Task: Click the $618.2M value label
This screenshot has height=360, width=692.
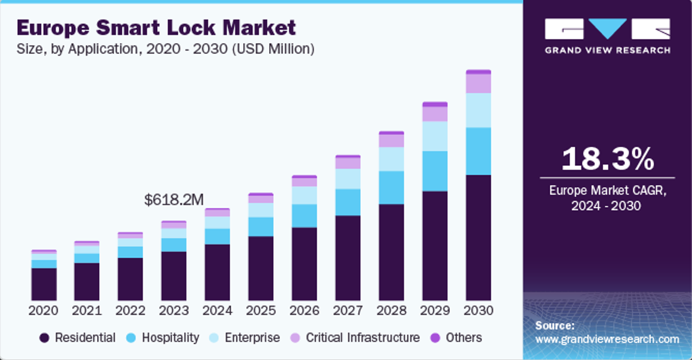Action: pos(174,200)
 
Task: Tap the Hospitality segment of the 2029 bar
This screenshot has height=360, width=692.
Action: pos(435,171)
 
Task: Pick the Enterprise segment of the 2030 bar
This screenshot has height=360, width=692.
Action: pos(479,110)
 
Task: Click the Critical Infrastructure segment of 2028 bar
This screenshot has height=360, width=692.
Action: pos(391,141)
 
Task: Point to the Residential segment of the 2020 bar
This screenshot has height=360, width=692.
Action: pos(44,284)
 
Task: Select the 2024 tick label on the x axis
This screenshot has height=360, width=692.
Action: pos(217,311)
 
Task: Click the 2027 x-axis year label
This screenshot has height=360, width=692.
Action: pos(348,311)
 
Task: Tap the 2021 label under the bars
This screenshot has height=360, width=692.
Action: pos(87,311)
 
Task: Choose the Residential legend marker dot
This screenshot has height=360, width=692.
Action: pos(44,338)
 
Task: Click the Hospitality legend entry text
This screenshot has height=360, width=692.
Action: pos(170,338)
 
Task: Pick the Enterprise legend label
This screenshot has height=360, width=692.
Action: pos(252,338)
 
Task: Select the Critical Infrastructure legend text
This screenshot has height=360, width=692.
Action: pos(363,338)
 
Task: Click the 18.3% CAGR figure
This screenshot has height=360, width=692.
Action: pos(607,159)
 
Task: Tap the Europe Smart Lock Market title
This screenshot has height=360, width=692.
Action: pos(157,27)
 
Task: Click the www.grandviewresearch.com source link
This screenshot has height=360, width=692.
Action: pos(607,339)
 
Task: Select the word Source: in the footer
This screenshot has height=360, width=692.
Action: pos(555,326)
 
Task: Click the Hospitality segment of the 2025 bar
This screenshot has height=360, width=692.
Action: pos(261,227)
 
